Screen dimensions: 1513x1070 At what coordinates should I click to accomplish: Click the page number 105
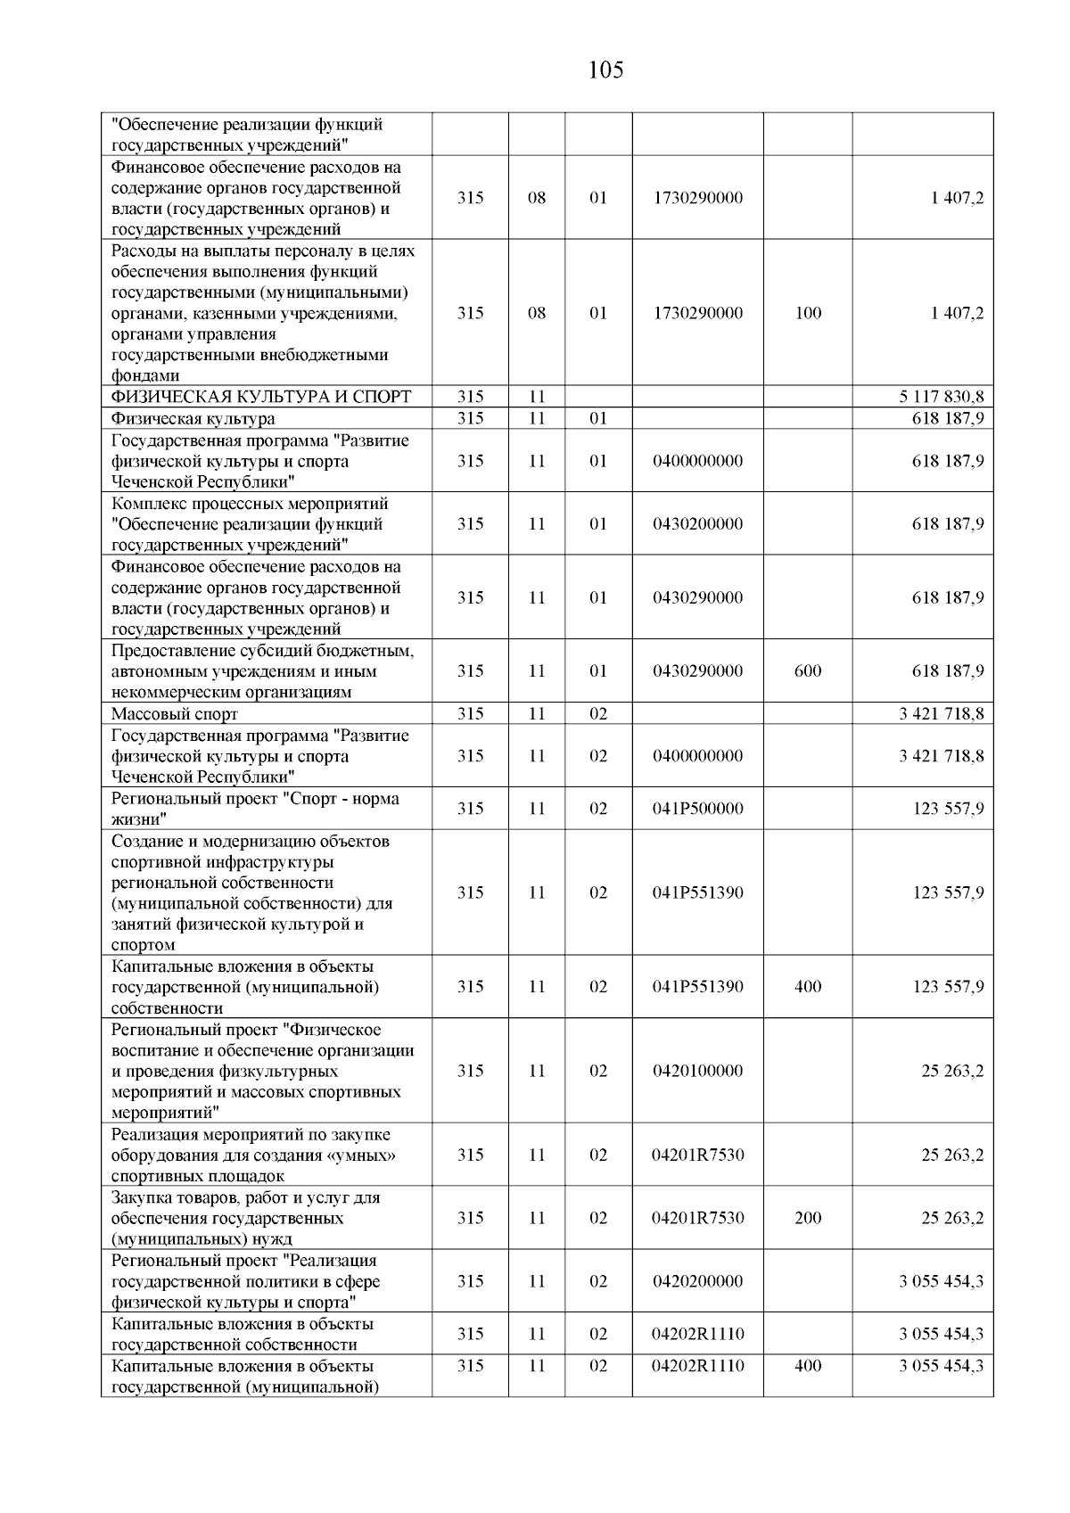tap(605, 70)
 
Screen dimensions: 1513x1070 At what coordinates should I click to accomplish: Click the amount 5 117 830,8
tap(942, 397)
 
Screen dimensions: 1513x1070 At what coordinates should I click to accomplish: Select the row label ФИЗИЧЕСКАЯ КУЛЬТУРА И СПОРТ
tap(261, 397)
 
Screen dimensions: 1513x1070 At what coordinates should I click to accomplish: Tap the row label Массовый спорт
tap(175, 714)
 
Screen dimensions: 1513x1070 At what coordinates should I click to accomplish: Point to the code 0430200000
tap(697, 524)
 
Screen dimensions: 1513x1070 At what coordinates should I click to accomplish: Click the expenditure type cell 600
tap(808, 671)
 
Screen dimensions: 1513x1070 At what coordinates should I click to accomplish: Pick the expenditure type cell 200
tap(808, 1219)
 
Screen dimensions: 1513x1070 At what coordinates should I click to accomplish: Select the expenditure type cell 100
tap(808, 313)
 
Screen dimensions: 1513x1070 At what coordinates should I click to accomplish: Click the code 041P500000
tap(697, 809)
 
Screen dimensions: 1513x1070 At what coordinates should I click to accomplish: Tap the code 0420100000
tap(697, 1071)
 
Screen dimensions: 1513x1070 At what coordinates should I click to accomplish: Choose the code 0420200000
tap(697, 1281)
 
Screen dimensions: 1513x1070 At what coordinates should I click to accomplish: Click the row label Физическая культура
tap(193, 418)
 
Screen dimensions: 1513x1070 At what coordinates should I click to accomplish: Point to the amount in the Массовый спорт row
tap(942, 714)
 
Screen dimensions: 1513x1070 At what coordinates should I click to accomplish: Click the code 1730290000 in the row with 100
tap(697, 313)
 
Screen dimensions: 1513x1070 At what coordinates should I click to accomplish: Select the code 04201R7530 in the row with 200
tap(697, 1219)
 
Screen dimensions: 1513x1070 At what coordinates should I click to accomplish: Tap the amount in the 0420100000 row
tap(952, 1071)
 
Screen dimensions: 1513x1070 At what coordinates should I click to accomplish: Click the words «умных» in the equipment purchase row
tap(362, 1155)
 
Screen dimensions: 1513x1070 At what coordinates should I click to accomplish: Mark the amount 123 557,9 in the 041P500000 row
tap(948, 809)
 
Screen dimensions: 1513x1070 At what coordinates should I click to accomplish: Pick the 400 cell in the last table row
tap(808, 1366)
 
